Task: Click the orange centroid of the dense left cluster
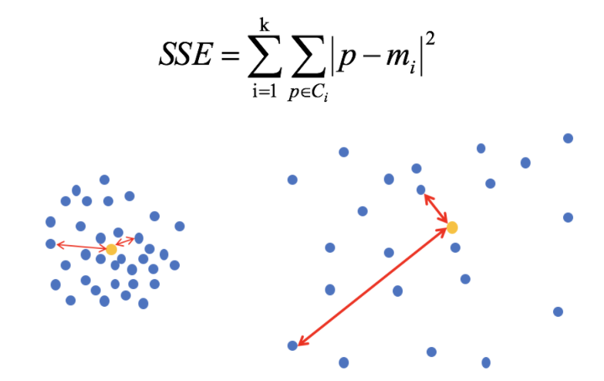pyautogui.click(x=111, y=250)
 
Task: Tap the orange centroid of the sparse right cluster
pyautogui.click(x=452, y=227)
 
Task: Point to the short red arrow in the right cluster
pyautogui.click(x=436, y=208)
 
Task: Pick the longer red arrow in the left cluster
pyautogui.click(x=80, y=247)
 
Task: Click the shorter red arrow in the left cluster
pyautogui.click(x=125, y=243)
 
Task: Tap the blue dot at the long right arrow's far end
pyautogui.click(x=292, y=345)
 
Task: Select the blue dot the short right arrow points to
pyautogui.click(x=420, y=189)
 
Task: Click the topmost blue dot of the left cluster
pyautogui.click(x=104, y=179)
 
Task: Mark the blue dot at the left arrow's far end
pyautogui.click(x=51, y=244)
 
